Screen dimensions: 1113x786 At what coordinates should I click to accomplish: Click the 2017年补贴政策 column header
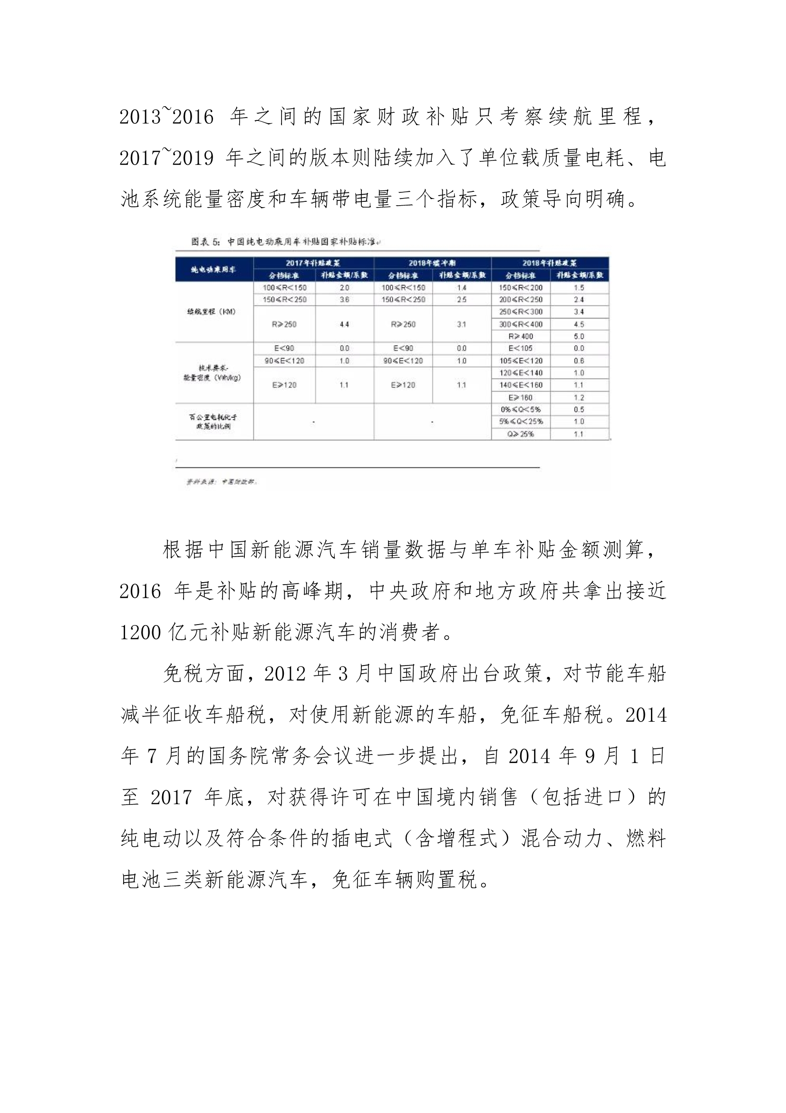313,263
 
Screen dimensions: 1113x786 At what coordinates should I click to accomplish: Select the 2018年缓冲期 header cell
432,263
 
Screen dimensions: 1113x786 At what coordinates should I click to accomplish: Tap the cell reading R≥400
521,337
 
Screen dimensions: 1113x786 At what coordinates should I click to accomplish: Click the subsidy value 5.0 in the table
579,337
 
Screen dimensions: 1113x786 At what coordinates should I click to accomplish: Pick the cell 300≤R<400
521,324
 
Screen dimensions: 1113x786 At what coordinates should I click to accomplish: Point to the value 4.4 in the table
344,324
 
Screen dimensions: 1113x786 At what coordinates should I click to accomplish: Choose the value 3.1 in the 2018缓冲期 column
462,324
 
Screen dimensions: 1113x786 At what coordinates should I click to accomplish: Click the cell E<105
521,348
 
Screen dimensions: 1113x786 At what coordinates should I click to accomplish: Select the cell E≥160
521,397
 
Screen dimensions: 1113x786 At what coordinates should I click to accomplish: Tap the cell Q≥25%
521,434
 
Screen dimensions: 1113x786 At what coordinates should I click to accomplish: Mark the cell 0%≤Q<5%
521,409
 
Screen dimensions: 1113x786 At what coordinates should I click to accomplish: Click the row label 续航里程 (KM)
212,312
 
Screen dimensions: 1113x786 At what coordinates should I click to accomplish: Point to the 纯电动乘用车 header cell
213,269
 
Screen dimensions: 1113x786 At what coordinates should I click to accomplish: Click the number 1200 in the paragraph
140,633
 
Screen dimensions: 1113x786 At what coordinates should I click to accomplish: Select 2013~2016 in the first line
166,117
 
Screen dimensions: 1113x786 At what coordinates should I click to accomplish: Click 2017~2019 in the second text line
166,158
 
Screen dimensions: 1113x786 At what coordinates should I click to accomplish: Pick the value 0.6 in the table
579,361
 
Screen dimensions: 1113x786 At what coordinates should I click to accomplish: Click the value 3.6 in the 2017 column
344,299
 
